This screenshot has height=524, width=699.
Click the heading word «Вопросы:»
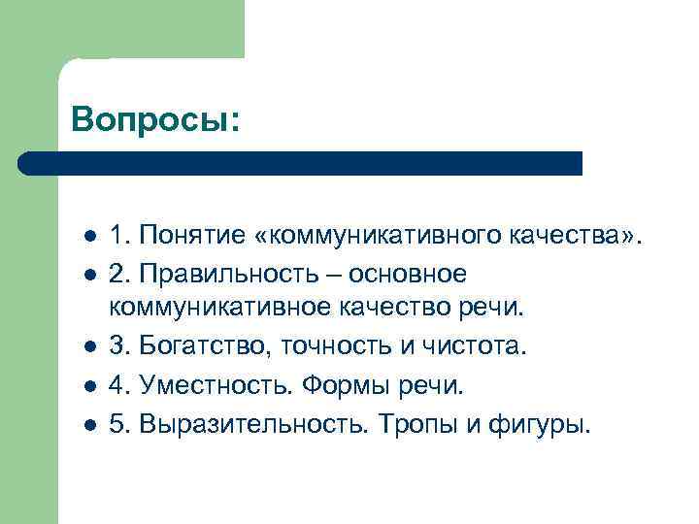click(154, 119)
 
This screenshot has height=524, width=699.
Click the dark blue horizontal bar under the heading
click(301, 163)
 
